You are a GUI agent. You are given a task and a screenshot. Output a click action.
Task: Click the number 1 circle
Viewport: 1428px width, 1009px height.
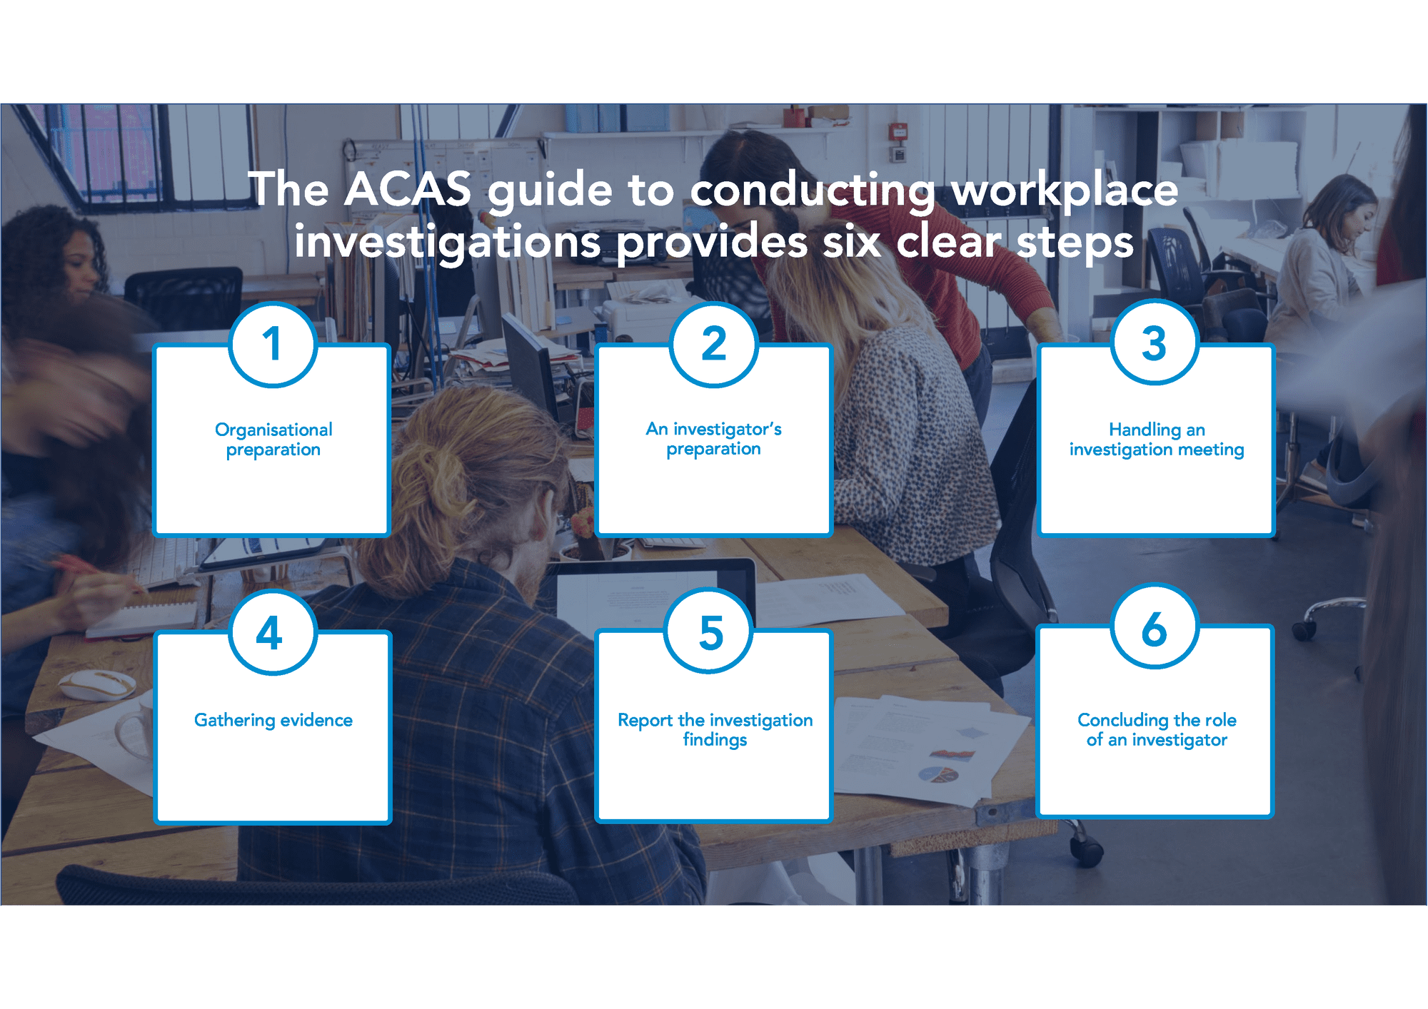(273, 345)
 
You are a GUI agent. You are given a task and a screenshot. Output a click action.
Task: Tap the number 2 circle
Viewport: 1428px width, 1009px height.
(714, 345)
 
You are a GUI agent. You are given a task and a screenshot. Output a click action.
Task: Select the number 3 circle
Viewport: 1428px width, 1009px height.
(1155, 343)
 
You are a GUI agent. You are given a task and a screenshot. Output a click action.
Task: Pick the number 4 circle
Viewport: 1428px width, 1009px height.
(273, 632)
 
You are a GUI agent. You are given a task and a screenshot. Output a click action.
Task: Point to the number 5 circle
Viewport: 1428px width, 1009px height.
(709, 631)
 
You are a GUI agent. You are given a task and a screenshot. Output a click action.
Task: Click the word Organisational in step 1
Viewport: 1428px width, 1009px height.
(273, 430)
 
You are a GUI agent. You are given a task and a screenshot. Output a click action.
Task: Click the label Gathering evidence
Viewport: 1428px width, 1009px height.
(273, 720)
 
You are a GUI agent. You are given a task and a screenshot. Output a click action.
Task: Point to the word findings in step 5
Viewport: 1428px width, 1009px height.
(715, 740)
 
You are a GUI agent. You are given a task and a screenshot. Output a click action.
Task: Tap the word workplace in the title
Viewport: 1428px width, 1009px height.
(1065, 191)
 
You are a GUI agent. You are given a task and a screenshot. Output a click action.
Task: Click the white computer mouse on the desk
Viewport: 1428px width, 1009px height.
(96, 684)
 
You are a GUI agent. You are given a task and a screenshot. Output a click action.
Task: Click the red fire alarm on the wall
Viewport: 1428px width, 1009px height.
(899, 133)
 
